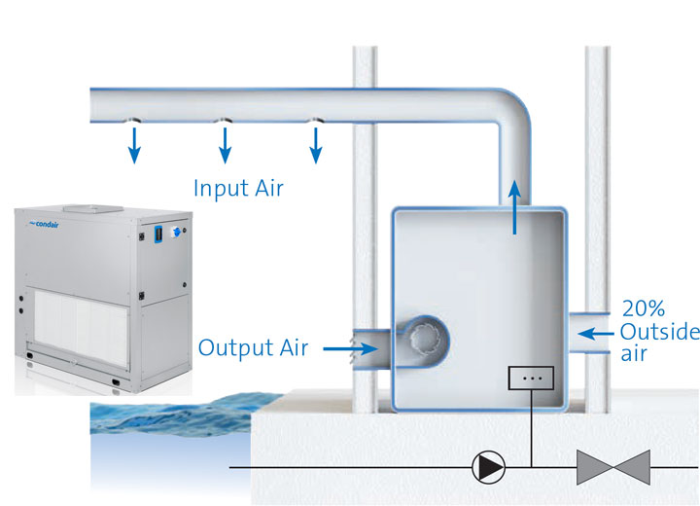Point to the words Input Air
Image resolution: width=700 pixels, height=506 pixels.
(x=238, y=188)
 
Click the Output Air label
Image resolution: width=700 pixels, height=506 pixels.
(x=254, y=346)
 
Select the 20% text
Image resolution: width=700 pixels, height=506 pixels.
(x=644, y=309)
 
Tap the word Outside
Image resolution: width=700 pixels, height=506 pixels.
(x=658, y=333)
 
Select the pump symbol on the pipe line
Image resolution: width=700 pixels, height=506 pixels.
(x=488, y=467)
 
